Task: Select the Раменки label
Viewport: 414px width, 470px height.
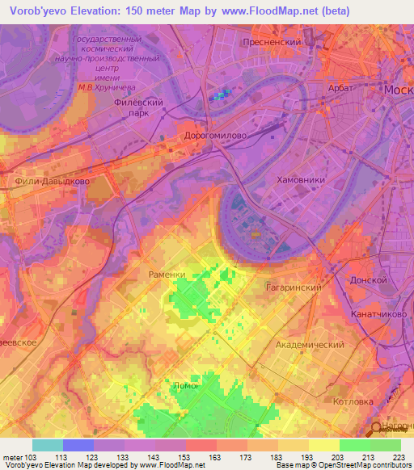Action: [167, 275]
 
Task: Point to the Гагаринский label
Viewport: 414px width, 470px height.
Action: [294, 287]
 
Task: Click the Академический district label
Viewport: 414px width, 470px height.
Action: [310, 344]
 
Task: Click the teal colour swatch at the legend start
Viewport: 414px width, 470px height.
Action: [48, 445]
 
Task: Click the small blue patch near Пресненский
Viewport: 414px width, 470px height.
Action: [220, 96]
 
